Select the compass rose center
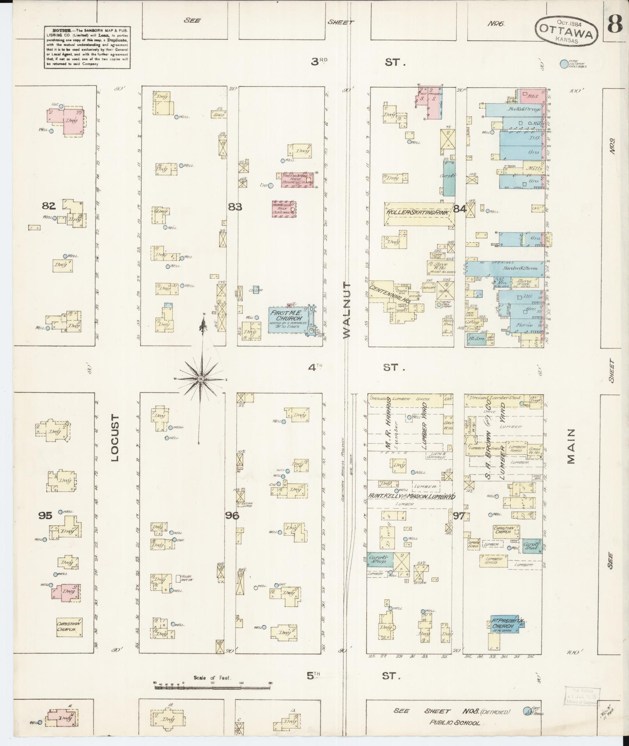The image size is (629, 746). coord(201,379)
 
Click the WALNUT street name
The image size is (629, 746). coord(347,310)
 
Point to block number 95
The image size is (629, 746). coord(45,515)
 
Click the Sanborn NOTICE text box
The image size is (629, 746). coord(87,47)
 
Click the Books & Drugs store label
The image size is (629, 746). coord(523,110)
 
